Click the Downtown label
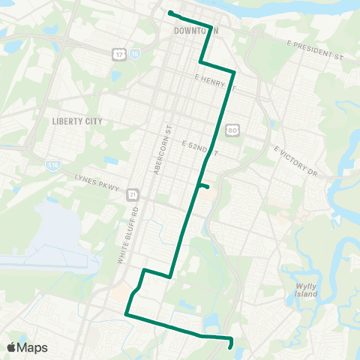(x=195, y=31)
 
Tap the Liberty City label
(x=76, y=121)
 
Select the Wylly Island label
(x=307, y=290)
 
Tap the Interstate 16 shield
(x=133, y=55)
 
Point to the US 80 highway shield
(x=233, y=130)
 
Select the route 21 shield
(x=132, y=193)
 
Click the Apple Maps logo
(x=27, y=347)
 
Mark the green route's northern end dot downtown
(x=170, y=13)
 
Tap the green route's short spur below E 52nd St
(x=203, y=186)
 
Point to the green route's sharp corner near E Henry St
(x=235, y=73)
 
